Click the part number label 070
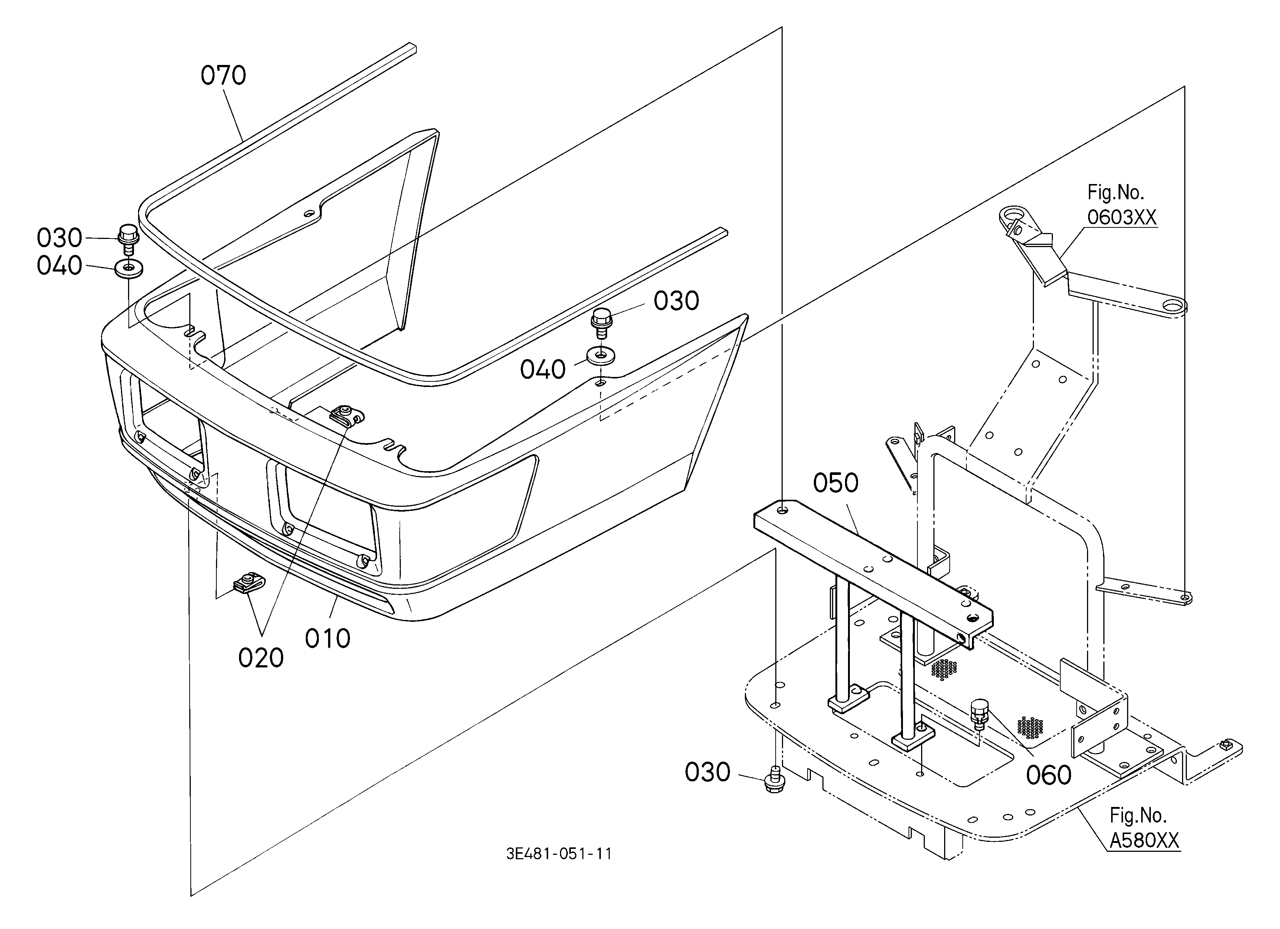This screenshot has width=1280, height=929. [x=223, y=76]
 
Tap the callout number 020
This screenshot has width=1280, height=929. [x=261, y=658]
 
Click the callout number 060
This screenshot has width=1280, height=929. [x=1049, y=775]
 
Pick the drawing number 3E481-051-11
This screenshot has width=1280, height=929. [x=559, y=853]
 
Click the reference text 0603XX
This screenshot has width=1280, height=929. [x=1122, y=217]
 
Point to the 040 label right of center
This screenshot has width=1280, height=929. [x=543, y=370]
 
